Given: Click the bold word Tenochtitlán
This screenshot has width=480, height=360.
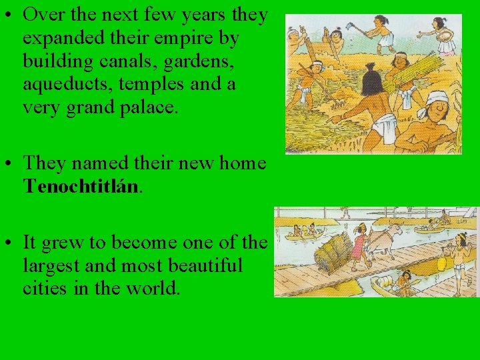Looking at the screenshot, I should (81, 185).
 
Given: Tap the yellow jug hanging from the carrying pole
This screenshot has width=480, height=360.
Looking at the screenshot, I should (441, 263).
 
